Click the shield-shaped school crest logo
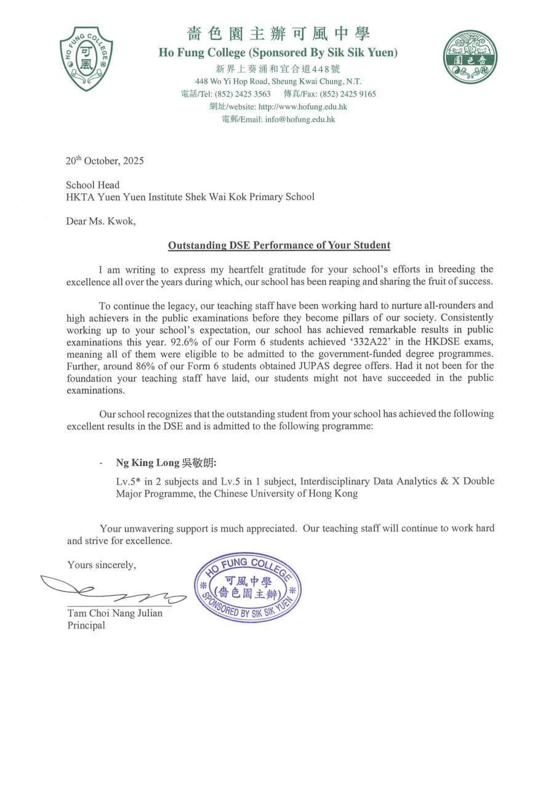[x=86, y=58]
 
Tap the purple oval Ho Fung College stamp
[x=247, y=587]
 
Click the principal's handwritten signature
[x=111, y=591]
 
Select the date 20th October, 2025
[x=105, y=161]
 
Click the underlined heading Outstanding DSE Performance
[x=279, y=245]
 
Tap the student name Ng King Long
[x=147, y=462]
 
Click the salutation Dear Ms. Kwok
[x=100, y=221]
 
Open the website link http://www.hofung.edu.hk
[x=302, y=107]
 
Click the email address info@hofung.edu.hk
[x=300, y=119]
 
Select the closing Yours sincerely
[x=102, y=565]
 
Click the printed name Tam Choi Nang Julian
[x=115, y=613]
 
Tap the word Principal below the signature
[x=86, y=625]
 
